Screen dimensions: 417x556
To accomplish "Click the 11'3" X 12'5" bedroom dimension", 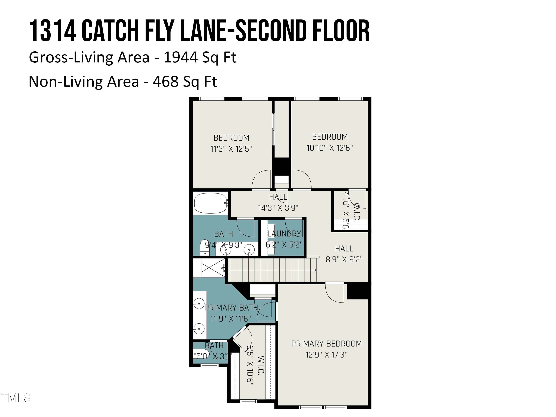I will coord(231,149).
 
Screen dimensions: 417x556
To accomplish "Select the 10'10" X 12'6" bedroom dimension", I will coord(330,148).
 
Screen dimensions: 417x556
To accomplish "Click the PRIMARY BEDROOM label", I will coord(326,344).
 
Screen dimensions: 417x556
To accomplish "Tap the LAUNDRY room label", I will coord(284,234).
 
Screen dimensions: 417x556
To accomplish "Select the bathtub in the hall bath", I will coord(210,203).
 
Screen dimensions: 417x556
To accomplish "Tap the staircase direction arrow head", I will coord(315,270).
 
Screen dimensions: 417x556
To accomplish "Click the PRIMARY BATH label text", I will coord(231,308).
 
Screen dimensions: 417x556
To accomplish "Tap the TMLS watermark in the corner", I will coord(16,398).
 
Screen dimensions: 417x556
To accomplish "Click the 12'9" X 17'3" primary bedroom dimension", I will coord(326,355).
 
